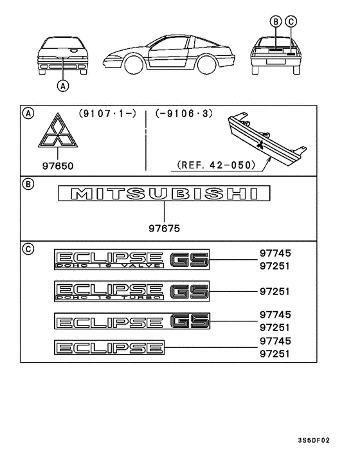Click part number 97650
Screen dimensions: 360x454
(x=58, y=166)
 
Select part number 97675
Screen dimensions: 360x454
(x=164, y=228)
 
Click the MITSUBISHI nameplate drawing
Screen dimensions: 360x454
(x=164, y=194)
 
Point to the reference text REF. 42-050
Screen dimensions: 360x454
(x=216, y=165)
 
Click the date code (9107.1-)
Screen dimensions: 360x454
(x=107, y=113)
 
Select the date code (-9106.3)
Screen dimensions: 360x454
(x=184, y=113)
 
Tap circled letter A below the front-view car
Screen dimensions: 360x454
(x=63, y=86)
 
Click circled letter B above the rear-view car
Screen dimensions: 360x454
(x=276, y=22)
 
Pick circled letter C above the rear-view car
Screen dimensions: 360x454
(x=291, y=22)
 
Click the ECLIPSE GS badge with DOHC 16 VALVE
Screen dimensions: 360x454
(x=132, y=259)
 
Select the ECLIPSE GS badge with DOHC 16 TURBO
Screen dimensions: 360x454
(x=132, y=291)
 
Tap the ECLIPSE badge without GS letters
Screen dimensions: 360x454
(x=109, y=347)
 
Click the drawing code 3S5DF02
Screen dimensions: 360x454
(x=314, y=440)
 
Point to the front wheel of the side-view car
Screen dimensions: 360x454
(x=134, y=65)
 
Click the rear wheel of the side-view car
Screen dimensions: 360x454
(x=206, y=65)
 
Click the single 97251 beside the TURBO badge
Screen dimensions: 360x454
(x=274, y=291)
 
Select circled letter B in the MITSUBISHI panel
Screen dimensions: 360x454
(x=28, y=184)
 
